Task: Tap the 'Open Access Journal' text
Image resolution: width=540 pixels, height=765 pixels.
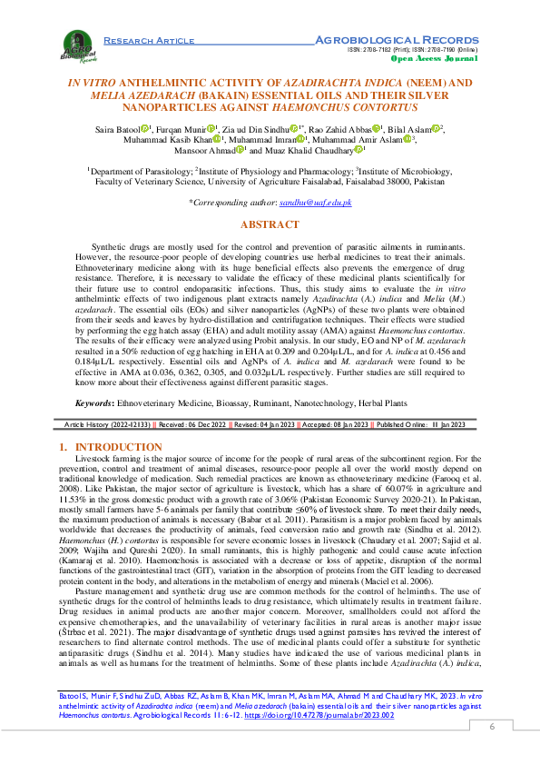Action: coord(427,57)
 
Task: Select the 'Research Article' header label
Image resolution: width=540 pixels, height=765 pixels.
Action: coord(149,41)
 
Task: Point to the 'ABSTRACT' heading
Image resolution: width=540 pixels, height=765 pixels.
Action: coord(270,224)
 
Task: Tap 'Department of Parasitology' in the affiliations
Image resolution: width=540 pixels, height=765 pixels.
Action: coord(141,170)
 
